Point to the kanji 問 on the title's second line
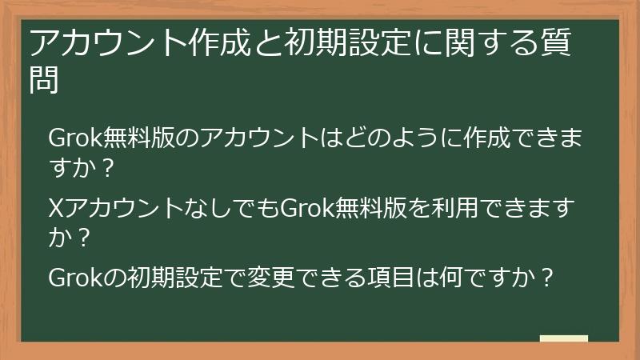click(x=45, y=80)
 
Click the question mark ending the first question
click(x=108, y=169)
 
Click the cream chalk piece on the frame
click(x=563, y=338)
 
